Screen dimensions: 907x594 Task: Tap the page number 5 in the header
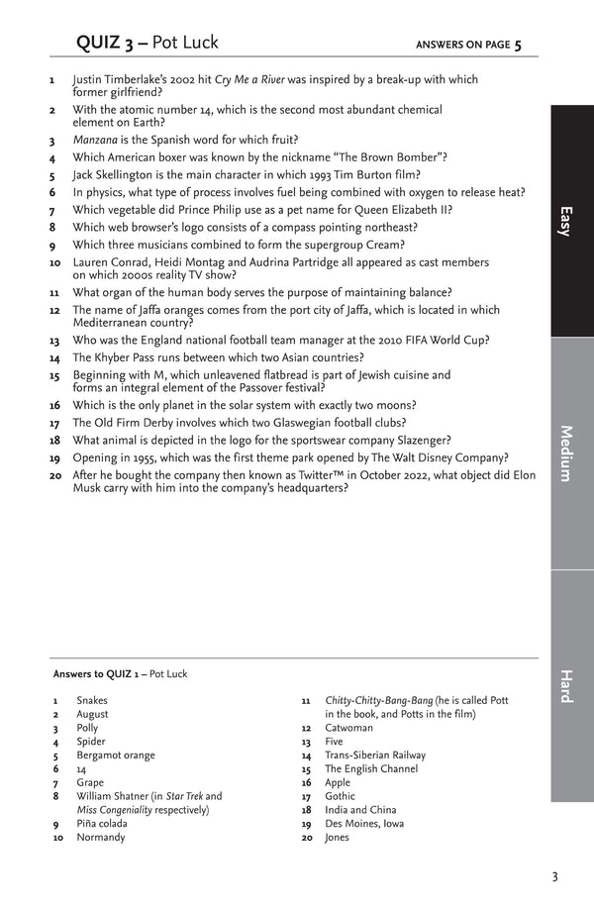(x=518, y=44)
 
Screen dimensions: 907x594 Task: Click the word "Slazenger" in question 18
(x=418, y=440)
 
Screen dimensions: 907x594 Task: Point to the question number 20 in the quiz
(x=55, y=475)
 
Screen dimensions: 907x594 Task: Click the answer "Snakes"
(x=92, y=700)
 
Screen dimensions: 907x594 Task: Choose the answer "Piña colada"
(x=103, y=824)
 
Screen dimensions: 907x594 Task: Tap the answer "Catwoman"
(x=348, y=728)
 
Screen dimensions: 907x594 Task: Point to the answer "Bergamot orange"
(x=115, y=756)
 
